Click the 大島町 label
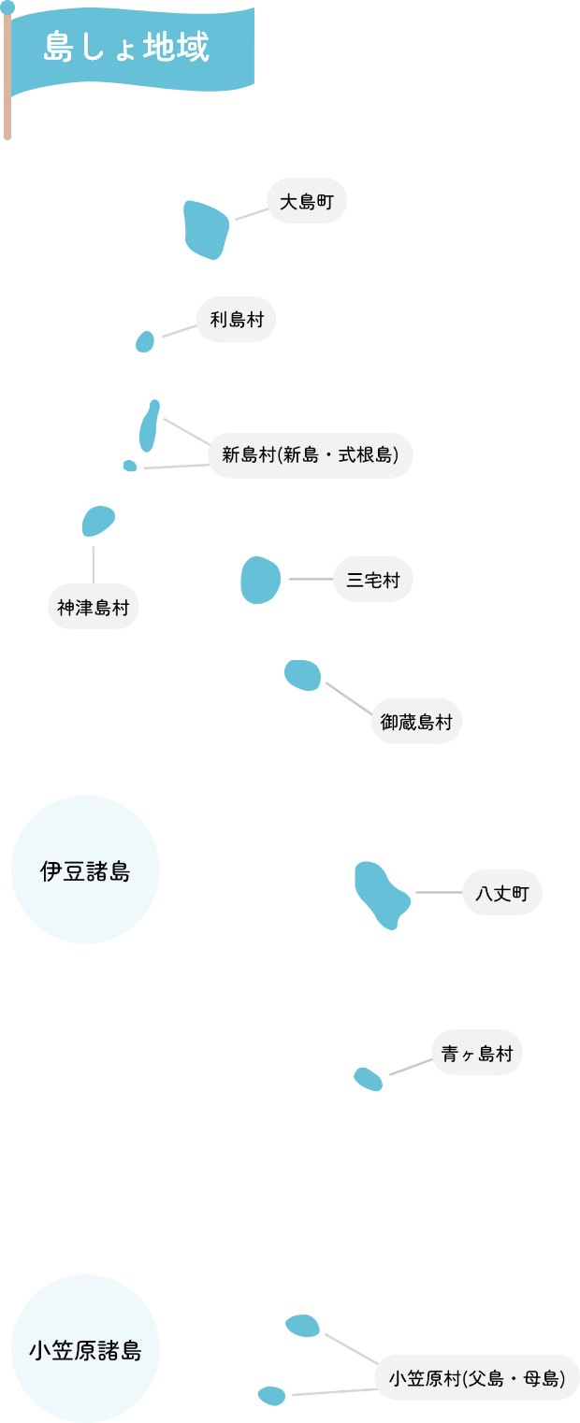[x=307, y=201]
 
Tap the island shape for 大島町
[x=205, y=229]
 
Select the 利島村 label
[x=237, y=320]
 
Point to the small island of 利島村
[x=145, y=341]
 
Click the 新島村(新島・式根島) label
[x=311, y=455]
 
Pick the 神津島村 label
[x=94, y=607]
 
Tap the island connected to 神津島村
[x=97, y=521]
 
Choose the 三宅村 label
[x=373, y=580]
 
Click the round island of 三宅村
[x=260, y=580]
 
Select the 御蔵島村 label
[x=416, y=721]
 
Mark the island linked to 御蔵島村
[x=302, y=674]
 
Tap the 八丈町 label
[x=502, y=893]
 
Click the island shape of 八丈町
[x=380, y=894]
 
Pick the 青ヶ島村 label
[x=477, y=1054]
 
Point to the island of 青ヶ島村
[x=368, y=1079]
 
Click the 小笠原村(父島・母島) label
[x=477, y=1377]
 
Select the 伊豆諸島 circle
[x=85, y=870]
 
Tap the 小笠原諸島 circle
[x=85, y=1349]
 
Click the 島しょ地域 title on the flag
[x=126, y=48]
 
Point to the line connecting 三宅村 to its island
[x=310, y=580]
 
